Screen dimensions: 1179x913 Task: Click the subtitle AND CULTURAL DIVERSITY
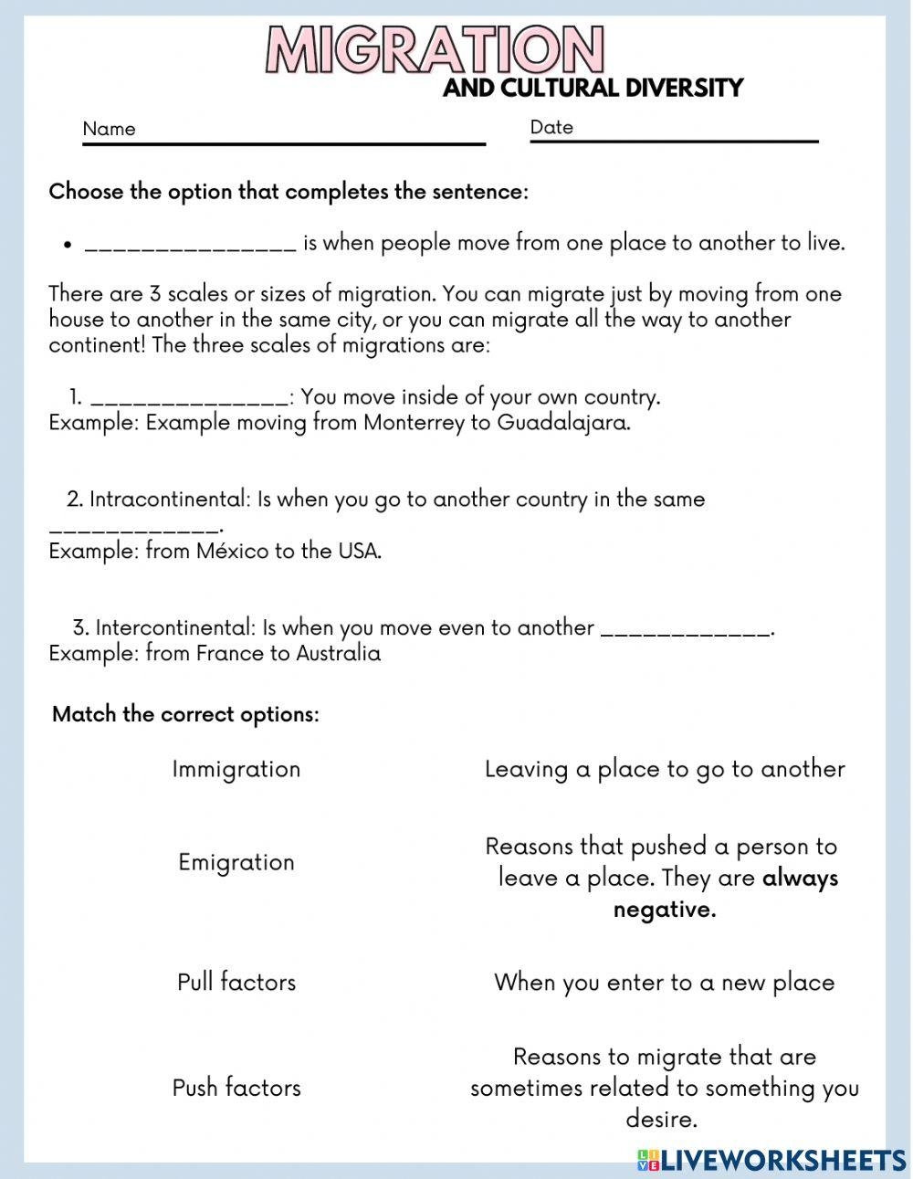coord(593,89)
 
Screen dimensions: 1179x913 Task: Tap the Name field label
coord(109,129)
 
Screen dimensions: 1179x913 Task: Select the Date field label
coord(551,127)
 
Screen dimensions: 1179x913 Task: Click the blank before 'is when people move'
coord(190,245)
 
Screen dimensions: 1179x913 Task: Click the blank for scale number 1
coord(190,398)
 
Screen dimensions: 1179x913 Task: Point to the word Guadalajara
coord(563,424)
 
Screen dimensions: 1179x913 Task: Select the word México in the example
coord(232,552)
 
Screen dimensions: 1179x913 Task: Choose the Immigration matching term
coord(236,769)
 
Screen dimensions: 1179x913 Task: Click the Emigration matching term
coord(236,862)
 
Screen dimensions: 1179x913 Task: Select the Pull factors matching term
coord(236,983)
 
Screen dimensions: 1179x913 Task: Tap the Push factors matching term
coord(236,1088)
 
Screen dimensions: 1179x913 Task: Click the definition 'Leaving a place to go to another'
coord(665,769)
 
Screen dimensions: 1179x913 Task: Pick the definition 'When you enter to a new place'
coord(665,983)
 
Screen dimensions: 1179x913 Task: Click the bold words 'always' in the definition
coord(800,879)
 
